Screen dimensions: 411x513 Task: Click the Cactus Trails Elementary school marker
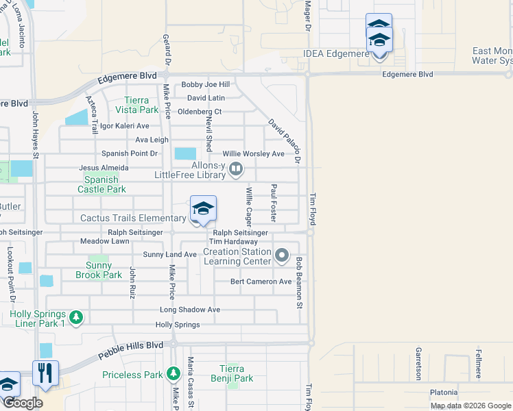pyautogui.click(x=203, y=210)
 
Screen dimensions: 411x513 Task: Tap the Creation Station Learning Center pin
pyautogui.click(x=281, y=257)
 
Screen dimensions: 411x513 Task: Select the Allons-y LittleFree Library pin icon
pyautogui.click(x=236, y=168)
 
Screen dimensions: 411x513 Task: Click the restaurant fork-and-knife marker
pyautogui.click(x=45, y=373)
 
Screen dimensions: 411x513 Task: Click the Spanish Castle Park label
pyautogui.click(x=102, y=184)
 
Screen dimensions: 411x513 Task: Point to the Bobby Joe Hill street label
pyautogui.click(x=205, y=85)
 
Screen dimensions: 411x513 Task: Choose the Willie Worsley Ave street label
pyautogui.click(x=252, y=154)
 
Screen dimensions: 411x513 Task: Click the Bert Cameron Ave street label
pyautogui.click(x=261, y=282)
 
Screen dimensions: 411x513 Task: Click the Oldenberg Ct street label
pyautogui.click(x=200, y=112)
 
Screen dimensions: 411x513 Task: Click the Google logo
pyautogui.click(x=23, y=403)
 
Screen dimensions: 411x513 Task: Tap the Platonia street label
pyautogui.click(x=444, y=393)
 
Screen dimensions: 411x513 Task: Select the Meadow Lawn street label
pyautogui.click(x=104, y=242)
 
